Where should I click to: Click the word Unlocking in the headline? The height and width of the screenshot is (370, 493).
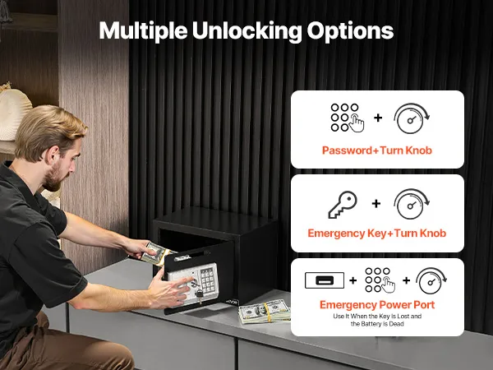click(x=246, y=31)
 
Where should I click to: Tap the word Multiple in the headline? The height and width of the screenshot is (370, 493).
click(x=143, y=31)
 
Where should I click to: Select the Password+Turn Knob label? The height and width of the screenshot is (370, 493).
click(x=377, y=150)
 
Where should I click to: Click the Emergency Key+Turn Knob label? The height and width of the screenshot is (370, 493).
click(x=377, y=234)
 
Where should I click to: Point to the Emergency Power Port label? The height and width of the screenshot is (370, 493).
click(x=377, y=305)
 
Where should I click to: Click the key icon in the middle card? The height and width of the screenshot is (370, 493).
click(x=343, y=205)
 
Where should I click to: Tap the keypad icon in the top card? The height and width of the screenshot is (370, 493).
click(x=347, y=118)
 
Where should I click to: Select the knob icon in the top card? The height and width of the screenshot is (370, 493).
click(x=412, y=118)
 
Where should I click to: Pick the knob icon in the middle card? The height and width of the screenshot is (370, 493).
click(x=412, y=204)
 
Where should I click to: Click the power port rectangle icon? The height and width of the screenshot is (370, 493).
click(x=325, y=280)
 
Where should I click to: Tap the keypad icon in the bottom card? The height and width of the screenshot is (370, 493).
click(x=380, y=280)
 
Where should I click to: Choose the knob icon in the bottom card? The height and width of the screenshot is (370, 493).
click(x=431, y=280)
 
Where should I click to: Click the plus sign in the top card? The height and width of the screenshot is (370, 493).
click(x=378, y=118)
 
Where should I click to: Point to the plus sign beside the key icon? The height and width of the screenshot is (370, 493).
click(x=376, y=204)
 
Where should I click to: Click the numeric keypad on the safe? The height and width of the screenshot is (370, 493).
click(x=208, y=280)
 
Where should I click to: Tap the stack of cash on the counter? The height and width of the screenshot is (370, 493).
click(x=264, y=312)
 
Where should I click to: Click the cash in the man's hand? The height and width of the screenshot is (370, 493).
click(x=155, y=252)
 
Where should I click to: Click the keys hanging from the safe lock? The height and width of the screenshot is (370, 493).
click(x=199, y=295)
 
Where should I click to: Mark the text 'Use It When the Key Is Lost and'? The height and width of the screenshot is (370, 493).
click(x=377, y=317)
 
